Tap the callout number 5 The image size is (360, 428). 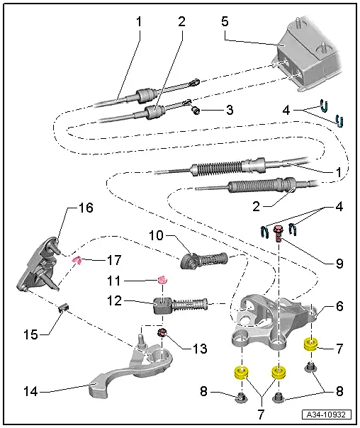(x=225, y=21)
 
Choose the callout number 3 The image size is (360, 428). (x=229, y=110)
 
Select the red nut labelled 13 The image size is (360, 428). (x=162, y=332)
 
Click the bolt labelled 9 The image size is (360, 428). (x=279, y=232)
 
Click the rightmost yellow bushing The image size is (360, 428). (x=310, y=345)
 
